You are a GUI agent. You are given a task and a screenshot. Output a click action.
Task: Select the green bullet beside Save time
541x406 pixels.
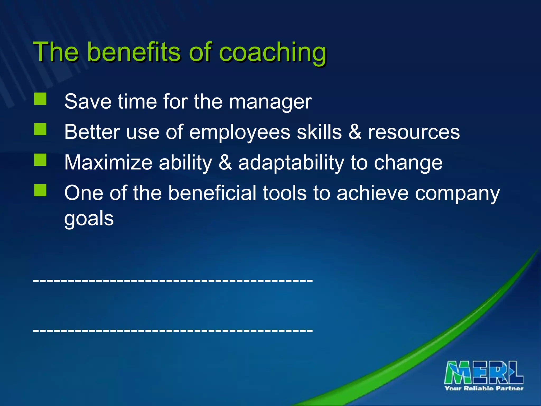(40, 99)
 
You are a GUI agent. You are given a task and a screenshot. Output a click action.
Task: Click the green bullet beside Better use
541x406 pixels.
(40, 129)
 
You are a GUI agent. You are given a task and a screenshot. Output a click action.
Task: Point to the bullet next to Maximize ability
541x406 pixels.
(40, 160)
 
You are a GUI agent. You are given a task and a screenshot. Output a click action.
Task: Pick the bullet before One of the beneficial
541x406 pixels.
(40, 190)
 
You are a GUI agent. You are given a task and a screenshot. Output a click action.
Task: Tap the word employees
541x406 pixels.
(240, 132)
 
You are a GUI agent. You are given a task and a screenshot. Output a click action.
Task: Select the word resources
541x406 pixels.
(414, 132)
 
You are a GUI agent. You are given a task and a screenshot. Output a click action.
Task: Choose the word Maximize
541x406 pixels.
(108, 163)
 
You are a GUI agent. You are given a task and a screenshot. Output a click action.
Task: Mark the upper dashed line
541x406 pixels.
(173, 280)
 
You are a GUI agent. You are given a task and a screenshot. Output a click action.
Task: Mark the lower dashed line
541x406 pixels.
(173, 330)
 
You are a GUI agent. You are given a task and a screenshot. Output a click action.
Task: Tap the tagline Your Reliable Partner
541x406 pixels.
(484, 388)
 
